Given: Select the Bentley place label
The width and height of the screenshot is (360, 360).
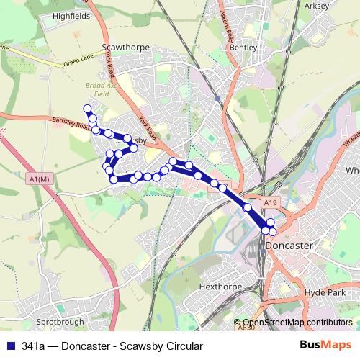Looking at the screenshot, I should pyautogui.click(x=239, y=47).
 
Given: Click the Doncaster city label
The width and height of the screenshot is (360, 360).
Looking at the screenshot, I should pyautogui.click(x=289, y=246).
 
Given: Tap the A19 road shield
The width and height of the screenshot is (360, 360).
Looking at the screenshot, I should pyautogui.click(x=270, y=204).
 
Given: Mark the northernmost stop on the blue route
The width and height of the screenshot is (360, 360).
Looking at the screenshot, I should pyautogui.click(x=88, y=109).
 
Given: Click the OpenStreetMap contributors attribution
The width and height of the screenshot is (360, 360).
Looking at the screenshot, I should pyautogui.click(x=297, y=323).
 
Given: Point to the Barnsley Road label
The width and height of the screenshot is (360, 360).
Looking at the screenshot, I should pyautogui.click(x=71, y=124).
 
